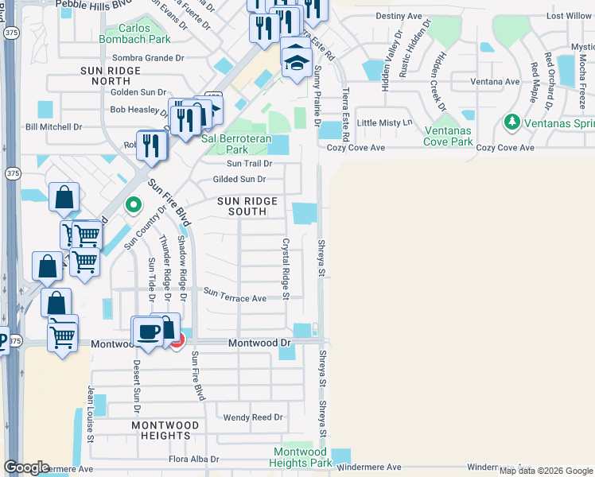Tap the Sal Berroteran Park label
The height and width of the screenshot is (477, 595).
pyautogui.click(x=236, y=143)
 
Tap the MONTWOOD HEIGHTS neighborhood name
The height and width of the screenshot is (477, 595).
pyautogui.click(x=161, y=430)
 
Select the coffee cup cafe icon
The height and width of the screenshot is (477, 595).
pyautogui.click(x=148, y=331)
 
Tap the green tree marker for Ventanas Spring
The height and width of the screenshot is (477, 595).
pyautogui.click(x=511, y=122)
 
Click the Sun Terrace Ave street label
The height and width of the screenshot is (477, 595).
pyautogui.click(x=235, y=297)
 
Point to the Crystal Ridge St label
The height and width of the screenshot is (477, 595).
pyautogui.click(x=284, y=264)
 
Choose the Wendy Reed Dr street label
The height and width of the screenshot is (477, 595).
pyautogui.click(x=253, y=417)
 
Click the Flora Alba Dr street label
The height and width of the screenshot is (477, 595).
pyautogui.click(x=193, y=460)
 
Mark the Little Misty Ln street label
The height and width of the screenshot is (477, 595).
pyautogui.click(x=386, y=122)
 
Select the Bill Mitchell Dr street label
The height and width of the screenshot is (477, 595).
pyautogui.click(x=54, y=126)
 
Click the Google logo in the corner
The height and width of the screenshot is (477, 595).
pyautogui.click(x=26, y=467)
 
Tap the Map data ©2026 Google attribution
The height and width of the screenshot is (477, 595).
pyautogui.click(x=546, y=471)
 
